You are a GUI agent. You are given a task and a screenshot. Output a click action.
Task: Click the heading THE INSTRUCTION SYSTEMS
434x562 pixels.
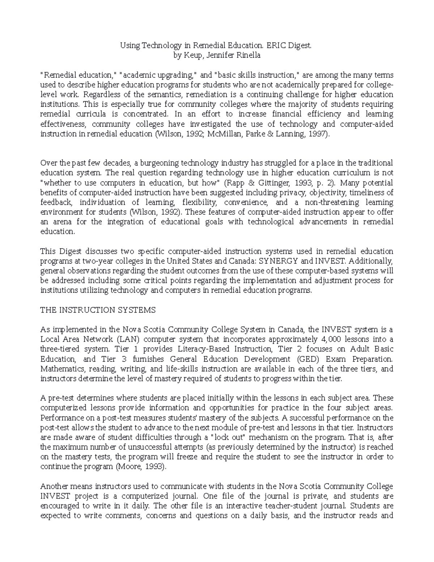pyautogui.click(x=98, y=310)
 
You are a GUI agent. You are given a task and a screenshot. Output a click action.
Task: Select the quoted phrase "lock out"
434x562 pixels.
pyautogui.click(x=227, y=437)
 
